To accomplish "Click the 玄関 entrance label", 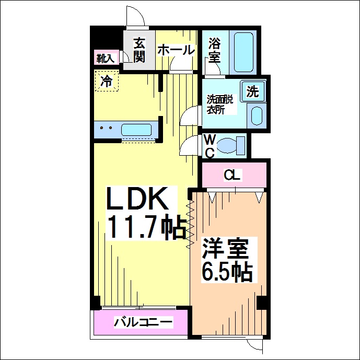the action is tap(140, 50).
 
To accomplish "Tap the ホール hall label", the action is tap(176, 50).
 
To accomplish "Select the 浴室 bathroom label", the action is tap(214, 50).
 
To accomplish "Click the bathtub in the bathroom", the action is tap(243, 52).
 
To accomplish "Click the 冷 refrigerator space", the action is tap(107, 81).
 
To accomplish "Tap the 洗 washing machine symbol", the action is tap(253, 91).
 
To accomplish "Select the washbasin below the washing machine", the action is tap(257, 116).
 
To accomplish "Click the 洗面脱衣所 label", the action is tap(220, 104).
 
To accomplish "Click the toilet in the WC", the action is tap(231, 146).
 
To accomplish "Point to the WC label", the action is tap(210, 146).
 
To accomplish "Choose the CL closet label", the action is tap(232, 176).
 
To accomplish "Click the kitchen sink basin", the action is tap(136, 130).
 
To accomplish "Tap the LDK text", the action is tap(137, 198).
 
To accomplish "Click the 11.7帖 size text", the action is tap(146, 227).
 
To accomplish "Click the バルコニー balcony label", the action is tap(143, 322).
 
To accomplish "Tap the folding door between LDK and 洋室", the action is tap(190, 224).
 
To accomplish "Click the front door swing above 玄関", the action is tap(135, 16).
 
